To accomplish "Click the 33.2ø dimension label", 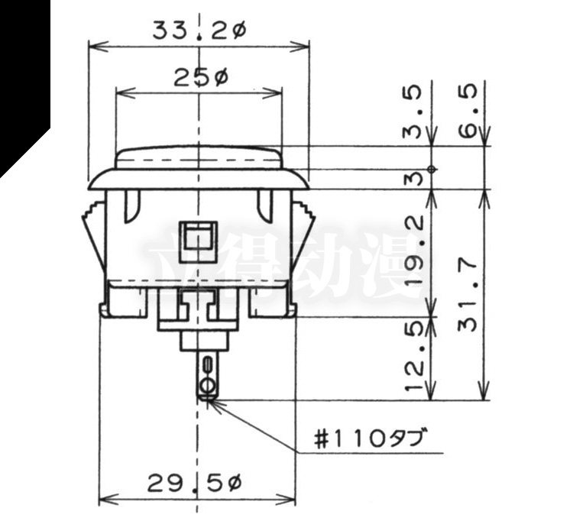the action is coord(199,31).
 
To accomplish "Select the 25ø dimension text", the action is coord(201,78).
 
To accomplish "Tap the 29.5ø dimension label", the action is coord(195,484).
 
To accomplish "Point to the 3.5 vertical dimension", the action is coord(413,112).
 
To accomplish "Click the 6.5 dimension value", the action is coord(468,110).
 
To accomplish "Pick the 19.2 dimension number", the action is coord(415,250).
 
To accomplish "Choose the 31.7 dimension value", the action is coord(468,295).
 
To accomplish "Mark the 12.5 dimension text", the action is coord(414,357).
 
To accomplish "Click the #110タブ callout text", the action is coord(371,439).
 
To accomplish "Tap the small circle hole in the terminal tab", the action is coord(208,386).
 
